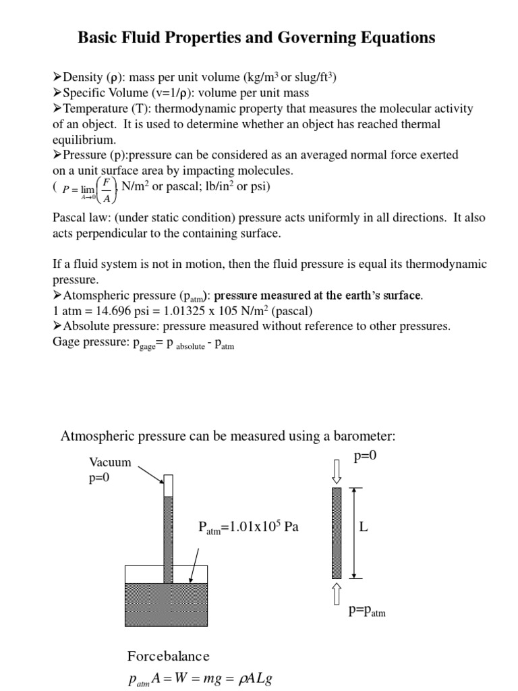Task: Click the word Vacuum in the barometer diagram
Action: tap(110, 462)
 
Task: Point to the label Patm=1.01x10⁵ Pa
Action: tap(248, 527)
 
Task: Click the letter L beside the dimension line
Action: tap(364, 528)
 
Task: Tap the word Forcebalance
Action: tap(169, 656)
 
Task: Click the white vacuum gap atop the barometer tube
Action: tap(169, 486)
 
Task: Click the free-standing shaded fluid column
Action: tap(337, 533)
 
